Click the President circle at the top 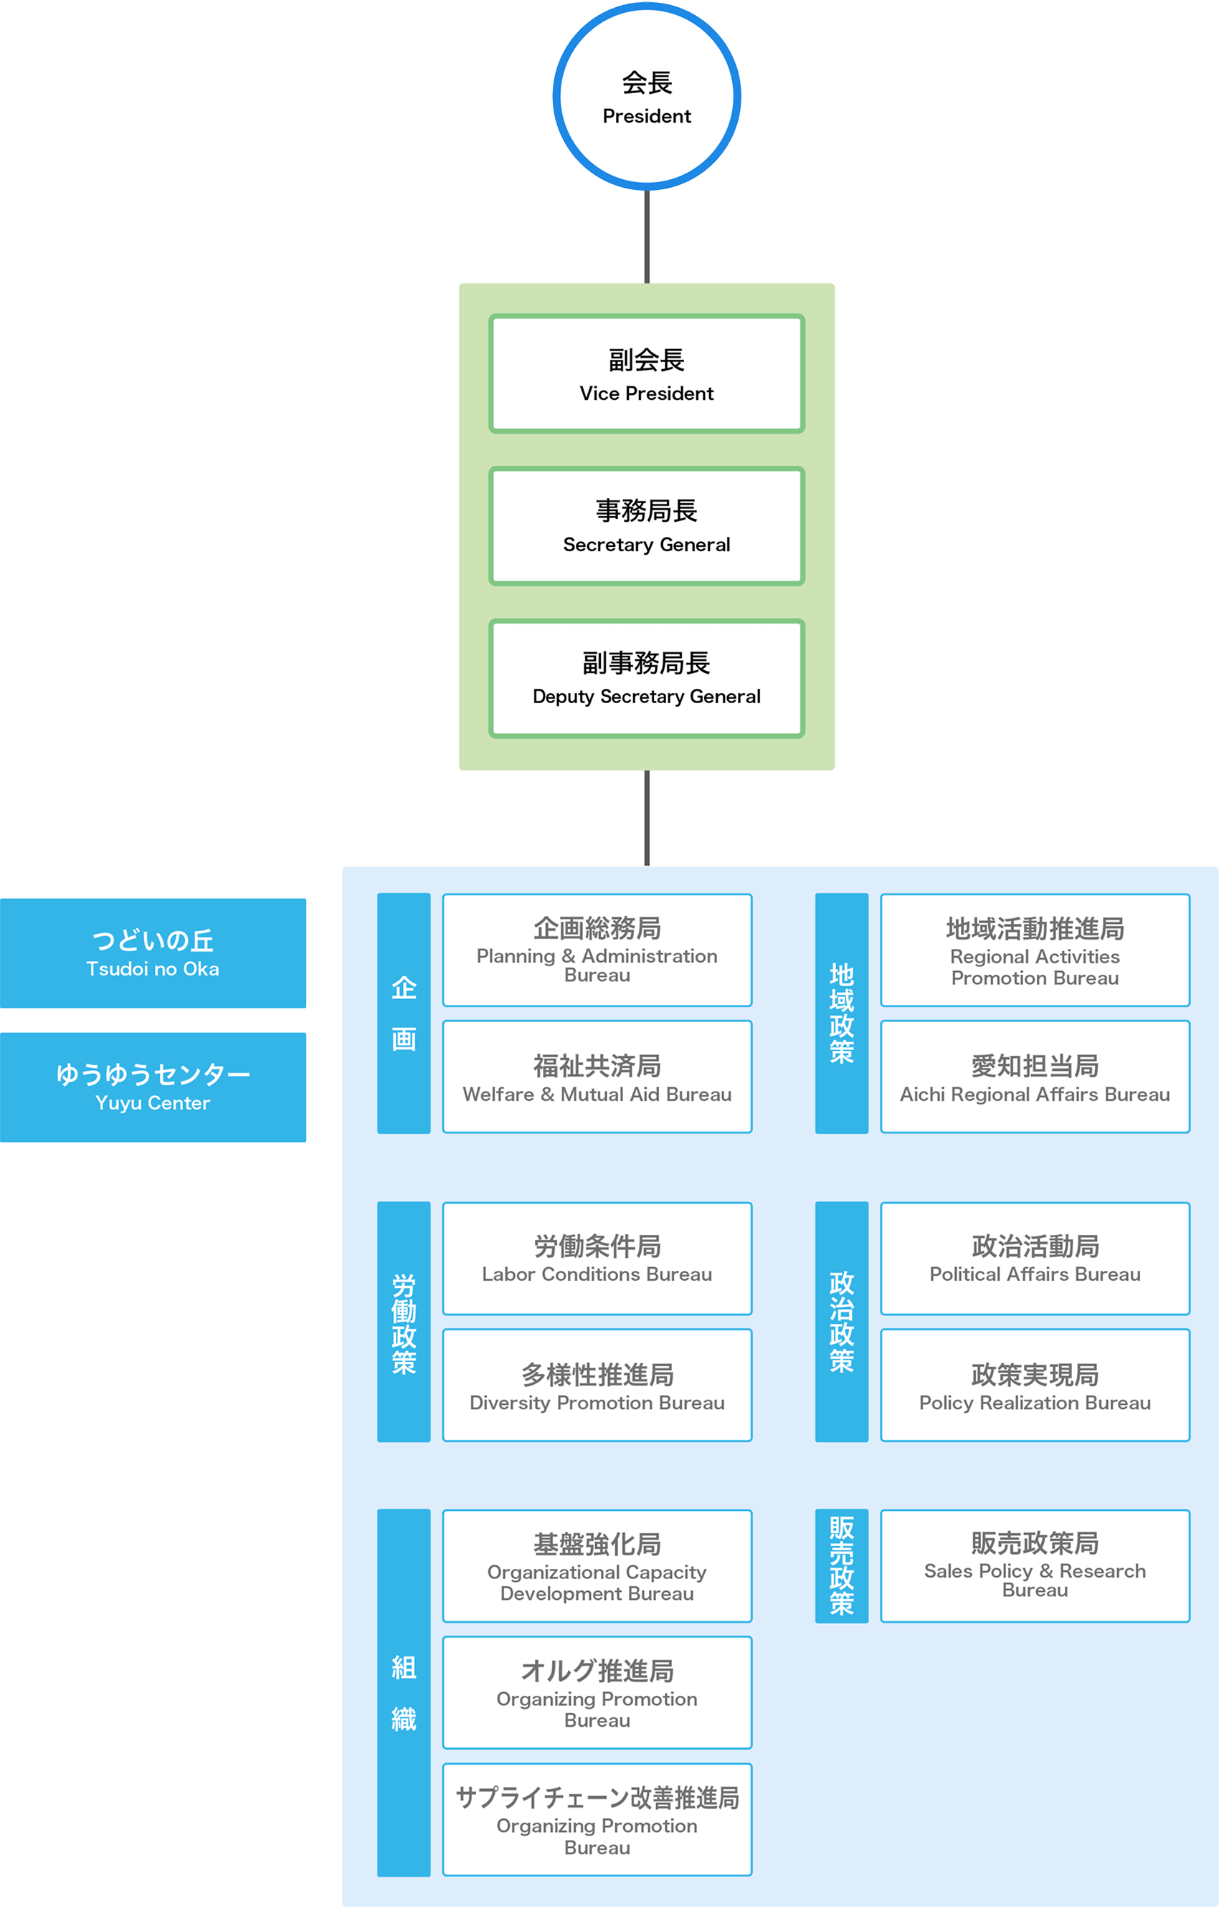point(647,97)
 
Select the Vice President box point(647,374)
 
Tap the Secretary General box point(647,526)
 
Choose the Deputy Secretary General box point(647,678)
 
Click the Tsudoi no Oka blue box point(153,953)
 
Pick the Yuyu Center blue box point(153,1087)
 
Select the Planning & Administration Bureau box point(597,950)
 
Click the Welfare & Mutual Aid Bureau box point(597,1076)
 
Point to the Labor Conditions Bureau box point(597,1259)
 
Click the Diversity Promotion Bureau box point(597,1385)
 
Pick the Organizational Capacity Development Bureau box point(597,1565)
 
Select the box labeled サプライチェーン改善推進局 point(597,1819)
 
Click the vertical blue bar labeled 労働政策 point(404,1322)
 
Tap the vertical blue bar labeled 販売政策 point(841,1565)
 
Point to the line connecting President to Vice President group point(647,237)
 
